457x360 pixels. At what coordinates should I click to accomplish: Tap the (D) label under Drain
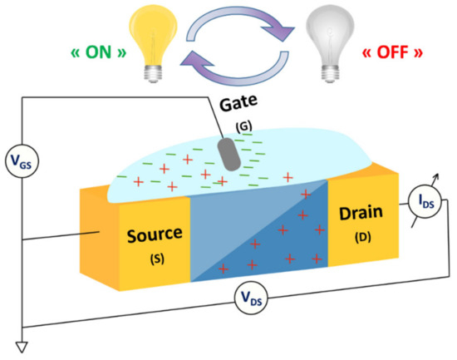[x=362, y=236]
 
